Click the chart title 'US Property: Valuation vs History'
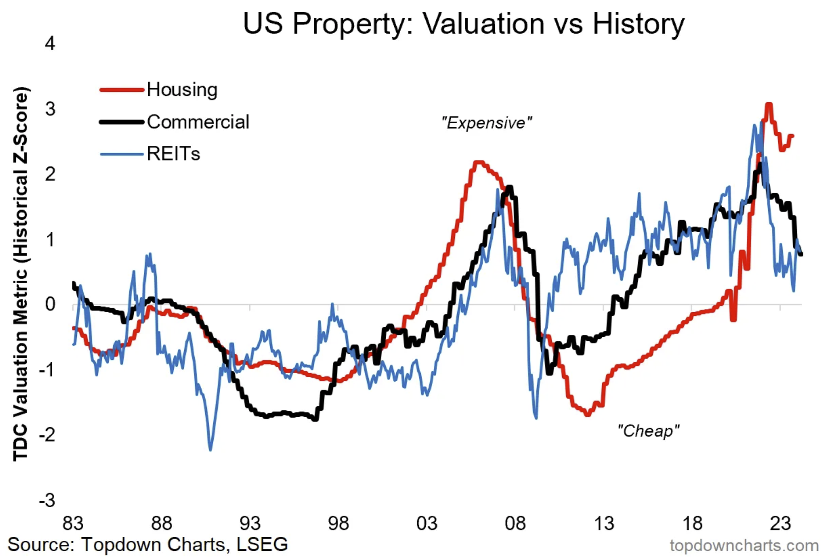pos(463,24)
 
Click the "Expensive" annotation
pos(486,123)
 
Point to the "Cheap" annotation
pos(648,430)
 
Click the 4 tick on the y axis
pos(50,44)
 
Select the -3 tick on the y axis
pos(47,500)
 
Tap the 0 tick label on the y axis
pos(50,304)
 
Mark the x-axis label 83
pos(73,523)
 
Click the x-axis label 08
pos(515,523)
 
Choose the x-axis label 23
pos(781,523)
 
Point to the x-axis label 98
pos(338,523)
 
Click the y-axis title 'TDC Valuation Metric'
pos(21,273)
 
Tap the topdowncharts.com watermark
pos(744,545)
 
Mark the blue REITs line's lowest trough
pos(210,449)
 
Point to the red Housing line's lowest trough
pos(588,414)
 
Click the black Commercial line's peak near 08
pos(509,187)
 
